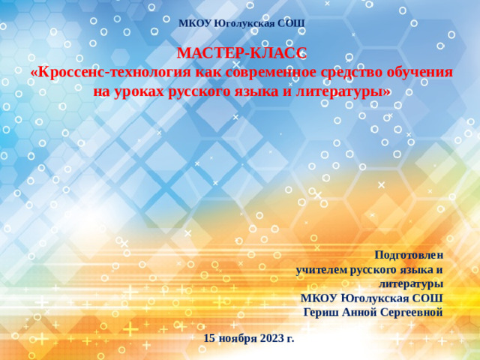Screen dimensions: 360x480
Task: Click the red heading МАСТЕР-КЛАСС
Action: click(241, 53)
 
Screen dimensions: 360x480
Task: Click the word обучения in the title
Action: click(420, 73)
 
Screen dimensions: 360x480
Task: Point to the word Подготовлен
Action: click(409, 254)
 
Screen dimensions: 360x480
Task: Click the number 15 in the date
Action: click(210, 338)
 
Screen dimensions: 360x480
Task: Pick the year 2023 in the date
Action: click(272, 338)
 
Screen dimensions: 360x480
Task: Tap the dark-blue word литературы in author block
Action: click(410, 283)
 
